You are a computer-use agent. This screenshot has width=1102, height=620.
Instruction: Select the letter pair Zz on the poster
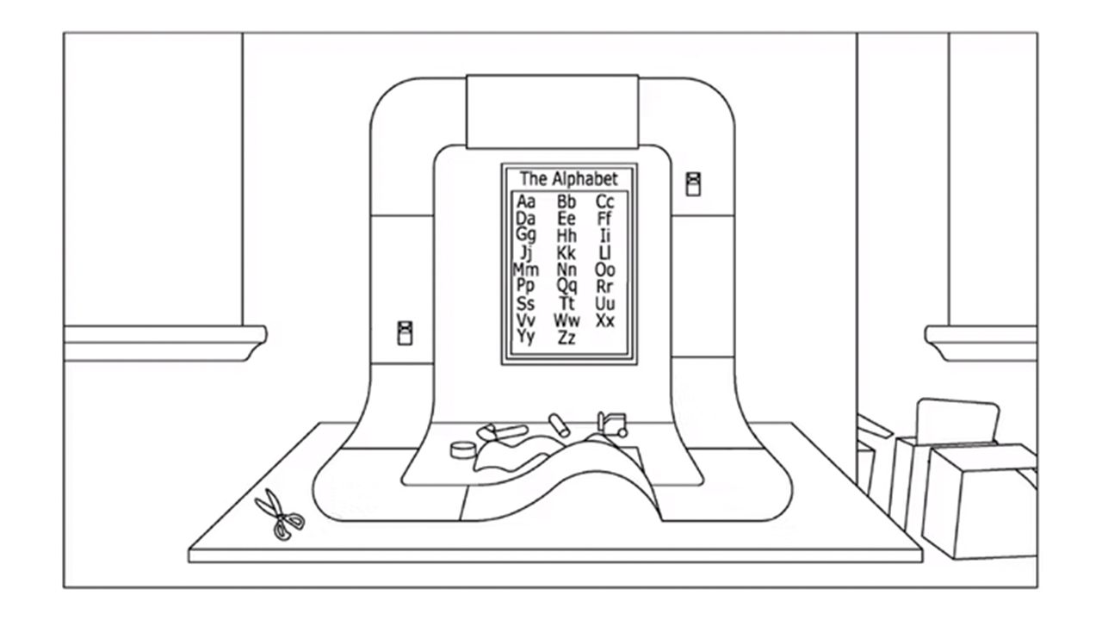coord(566,338)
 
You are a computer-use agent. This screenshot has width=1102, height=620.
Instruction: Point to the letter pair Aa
coord(525,201)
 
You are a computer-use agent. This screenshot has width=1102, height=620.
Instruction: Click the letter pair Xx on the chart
coord(605,320)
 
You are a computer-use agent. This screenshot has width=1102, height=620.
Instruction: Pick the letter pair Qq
coord(566,285)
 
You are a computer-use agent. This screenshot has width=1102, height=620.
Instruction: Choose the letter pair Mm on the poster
coord(525,269)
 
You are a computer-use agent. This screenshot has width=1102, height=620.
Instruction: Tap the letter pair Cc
coord(605,201)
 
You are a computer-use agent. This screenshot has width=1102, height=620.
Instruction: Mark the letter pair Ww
coord(566,320)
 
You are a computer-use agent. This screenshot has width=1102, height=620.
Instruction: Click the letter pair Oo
coord(605,269)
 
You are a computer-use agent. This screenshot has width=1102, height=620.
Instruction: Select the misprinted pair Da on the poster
coord(525,219)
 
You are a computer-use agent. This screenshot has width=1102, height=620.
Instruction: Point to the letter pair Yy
coord(525,337)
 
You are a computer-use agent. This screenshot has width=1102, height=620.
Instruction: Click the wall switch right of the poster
coord(693,184)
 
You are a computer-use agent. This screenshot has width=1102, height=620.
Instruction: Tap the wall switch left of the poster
coord(405,332)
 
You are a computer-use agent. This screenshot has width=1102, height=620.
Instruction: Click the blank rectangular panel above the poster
coord(552,110)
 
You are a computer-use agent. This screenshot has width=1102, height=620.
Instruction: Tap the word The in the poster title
coord(533,179)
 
